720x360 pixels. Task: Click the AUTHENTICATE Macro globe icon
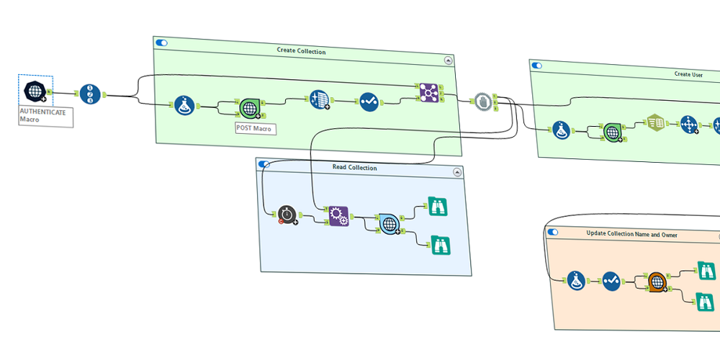34,91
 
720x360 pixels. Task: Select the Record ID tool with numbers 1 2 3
89,94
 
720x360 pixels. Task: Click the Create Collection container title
301,51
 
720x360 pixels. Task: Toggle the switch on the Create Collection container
162,43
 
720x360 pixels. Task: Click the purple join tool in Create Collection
428,92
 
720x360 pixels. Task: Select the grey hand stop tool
482,102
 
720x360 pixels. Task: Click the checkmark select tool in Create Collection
369,102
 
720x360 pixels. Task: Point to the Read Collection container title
354,168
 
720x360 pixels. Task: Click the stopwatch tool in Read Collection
287,214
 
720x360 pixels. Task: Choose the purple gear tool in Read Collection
338,216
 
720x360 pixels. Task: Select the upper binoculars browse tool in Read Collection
438,207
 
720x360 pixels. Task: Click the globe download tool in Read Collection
390,224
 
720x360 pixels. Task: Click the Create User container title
688,74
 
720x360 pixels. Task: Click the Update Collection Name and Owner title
631,234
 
